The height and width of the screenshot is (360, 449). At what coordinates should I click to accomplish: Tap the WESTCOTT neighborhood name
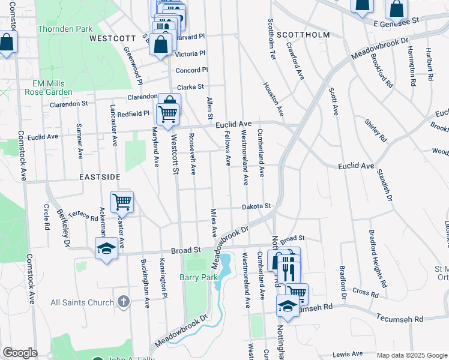click(x=112, y=38)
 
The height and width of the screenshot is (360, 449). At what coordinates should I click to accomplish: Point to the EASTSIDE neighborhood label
click(x=100, y=177)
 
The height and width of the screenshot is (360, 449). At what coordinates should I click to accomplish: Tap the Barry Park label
click(x=196, y=277)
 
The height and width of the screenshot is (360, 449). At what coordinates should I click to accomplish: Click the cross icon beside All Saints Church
click(x=123, y=302)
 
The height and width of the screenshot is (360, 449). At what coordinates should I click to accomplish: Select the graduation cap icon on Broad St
click(x=106, y=248)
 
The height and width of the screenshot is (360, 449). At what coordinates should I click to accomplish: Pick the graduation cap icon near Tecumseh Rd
click(x=288, y=306)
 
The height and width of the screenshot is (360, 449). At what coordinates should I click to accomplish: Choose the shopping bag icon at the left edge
click(x=7, y=43)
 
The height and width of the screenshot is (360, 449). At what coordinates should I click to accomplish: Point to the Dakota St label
click(x=256, y=206)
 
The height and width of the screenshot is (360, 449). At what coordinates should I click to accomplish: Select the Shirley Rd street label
click(x=376, y=130)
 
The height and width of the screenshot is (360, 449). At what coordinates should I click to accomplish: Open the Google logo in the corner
click(x=20, y=353)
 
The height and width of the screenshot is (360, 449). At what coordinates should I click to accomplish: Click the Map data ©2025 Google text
click(x=411, y=355)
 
